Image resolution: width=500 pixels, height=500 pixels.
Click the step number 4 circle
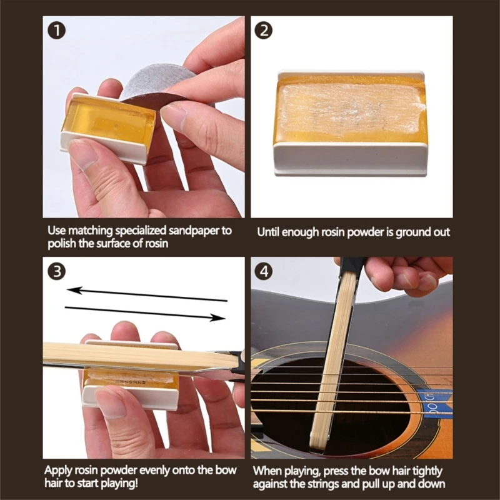(264, 271)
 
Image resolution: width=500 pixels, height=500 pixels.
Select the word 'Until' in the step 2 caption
(269, 232)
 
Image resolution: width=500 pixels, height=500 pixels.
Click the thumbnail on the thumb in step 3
(112, 402)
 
